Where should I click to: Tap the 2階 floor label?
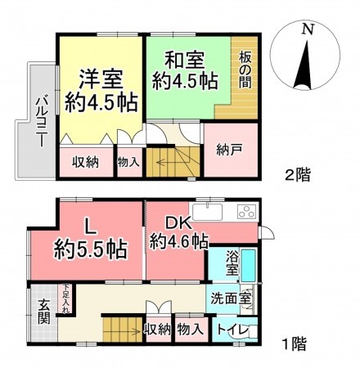[x=299, y=173]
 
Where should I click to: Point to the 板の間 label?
[x=245, y=74]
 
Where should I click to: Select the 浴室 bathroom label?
[x=232, y=263]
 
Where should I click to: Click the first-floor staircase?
[x=119, y=330]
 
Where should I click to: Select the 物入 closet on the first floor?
[x=189, y=330]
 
